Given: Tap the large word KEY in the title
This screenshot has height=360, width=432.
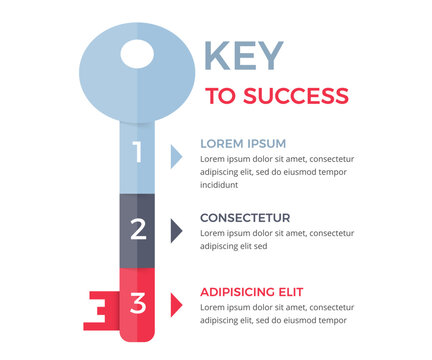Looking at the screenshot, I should pos(243,55).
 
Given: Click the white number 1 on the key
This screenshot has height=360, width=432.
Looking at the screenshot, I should pos(138,153).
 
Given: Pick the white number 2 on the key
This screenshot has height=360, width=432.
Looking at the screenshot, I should pos(138,229).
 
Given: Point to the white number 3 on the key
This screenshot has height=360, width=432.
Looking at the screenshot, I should pos(138,302).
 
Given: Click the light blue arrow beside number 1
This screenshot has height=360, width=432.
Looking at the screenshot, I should pos(175,155).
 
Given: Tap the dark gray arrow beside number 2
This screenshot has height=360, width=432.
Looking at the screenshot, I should pos(175,230).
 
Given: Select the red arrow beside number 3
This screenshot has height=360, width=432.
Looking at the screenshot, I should pos(175,303).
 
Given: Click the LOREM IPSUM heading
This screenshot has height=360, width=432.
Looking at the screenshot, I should pos(243,143).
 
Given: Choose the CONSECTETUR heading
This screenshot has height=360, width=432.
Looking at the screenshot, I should pos(245,217).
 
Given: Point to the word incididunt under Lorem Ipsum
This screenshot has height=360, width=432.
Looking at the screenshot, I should pos(220,184).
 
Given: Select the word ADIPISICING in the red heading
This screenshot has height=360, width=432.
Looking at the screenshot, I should pos(239,292).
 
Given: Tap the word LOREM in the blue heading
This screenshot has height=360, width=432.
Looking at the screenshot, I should pos(221,143).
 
